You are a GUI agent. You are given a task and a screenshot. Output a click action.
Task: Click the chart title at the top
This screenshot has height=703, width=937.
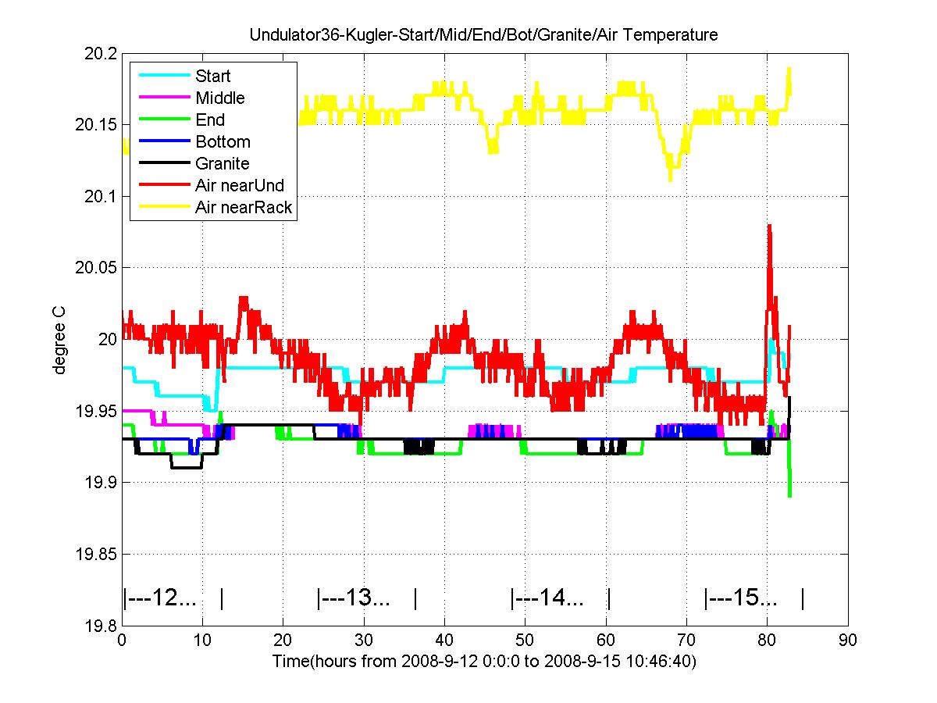(483, 35)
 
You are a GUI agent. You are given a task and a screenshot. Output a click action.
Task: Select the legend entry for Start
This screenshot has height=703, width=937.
(213, 77)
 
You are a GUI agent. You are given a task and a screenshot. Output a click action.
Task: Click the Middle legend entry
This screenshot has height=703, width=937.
(219, 98)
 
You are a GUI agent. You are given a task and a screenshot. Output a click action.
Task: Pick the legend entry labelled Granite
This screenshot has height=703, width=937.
(222, 164)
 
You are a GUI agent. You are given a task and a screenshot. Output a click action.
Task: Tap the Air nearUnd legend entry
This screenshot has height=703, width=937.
(239, 186)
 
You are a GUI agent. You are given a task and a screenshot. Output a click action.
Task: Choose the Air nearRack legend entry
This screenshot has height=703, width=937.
(244, 208)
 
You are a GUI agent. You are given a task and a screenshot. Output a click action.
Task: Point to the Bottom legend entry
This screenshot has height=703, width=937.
(223, 142)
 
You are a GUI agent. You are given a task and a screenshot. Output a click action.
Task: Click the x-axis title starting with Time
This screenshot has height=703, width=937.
(484, 661)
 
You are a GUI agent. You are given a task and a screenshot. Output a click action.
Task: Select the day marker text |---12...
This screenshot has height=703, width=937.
(160, 599)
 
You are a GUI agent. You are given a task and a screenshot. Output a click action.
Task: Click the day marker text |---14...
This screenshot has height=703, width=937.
(547, 599)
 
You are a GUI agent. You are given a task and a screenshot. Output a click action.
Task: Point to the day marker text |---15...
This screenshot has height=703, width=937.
(741, 599)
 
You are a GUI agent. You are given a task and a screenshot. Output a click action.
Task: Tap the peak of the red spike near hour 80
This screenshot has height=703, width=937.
(769, 226)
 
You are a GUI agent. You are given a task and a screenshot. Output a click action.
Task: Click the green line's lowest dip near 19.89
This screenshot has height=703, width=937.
(790, 495)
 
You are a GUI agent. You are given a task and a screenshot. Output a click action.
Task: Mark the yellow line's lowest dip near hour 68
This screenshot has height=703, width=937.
(670, 180)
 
